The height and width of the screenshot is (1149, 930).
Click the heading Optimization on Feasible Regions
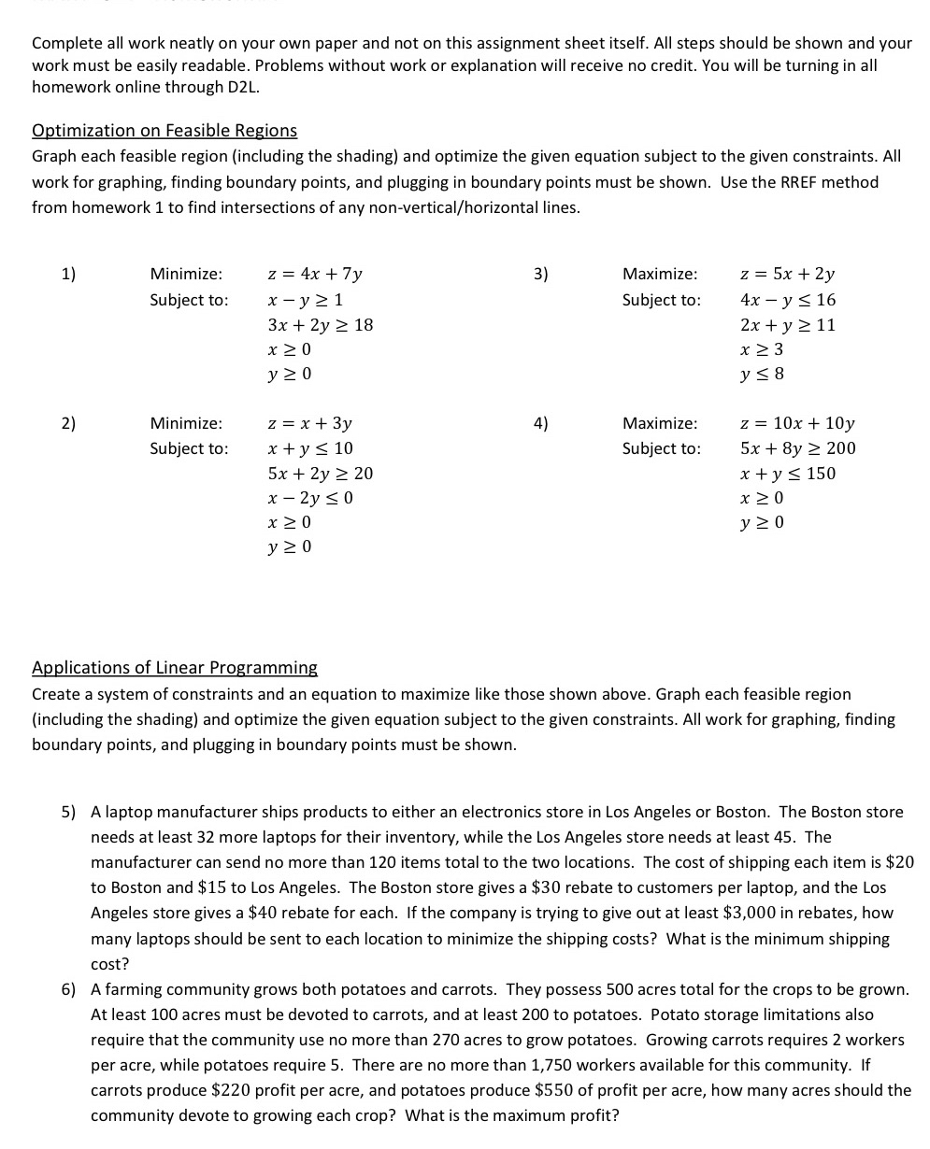(165, 131)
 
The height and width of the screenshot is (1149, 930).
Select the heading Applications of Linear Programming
(175, 668)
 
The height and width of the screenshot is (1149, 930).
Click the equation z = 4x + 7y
(315, 275)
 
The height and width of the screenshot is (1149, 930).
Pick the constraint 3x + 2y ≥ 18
(321, 325)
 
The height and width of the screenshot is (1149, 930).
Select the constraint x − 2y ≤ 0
(310, 498)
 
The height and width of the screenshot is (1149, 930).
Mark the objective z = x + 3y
(309, 424)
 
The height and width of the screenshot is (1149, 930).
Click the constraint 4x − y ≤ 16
(788, 300)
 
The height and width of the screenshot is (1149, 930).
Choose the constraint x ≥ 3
(762, 349)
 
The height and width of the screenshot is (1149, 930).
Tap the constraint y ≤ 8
(762, 375)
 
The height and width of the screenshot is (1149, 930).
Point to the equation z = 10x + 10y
(797, 424)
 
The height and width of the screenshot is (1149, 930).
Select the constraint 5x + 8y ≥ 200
(797, 448)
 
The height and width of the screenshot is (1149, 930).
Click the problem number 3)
(540, 275)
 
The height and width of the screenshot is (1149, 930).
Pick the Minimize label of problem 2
(186, 424)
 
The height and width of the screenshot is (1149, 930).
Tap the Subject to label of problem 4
(661, 448)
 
